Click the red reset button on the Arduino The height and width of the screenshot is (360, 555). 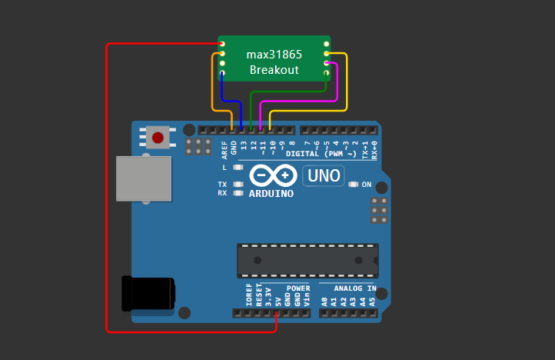click(x=158, y=138)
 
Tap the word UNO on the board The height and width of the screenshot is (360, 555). click(x=324, y=176)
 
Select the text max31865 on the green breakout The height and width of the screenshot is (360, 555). click(x=274, y=55)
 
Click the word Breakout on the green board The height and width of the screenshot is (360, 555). click(x=274, y=70)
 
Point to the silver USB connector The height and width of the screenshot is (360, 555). click(x=143, y=178)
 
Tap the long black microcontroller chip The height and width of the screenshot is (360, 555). click(x=307, y=260)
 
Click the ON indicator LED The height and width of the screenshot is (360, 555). click(x=353, y=185)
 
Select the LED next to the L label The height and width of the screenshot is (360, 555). click(x=238, y=168)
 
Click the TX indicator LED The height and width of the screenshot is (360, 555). click(x=238, y=185)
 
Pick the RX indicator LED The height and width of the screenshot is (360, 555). click(x=238, y=193)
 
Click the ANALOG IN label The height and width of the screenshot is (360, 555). click(x=349, y=289)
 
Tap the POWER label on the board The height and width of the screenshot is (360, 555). click(x=298, y=289)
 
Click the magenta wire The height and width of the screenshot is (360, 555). click(x=337, y=85)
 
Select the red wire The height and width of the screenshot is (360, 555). click(x=106, y=192)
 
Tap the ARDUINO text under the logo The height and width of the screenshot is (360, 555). click(x=271, y=194)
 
